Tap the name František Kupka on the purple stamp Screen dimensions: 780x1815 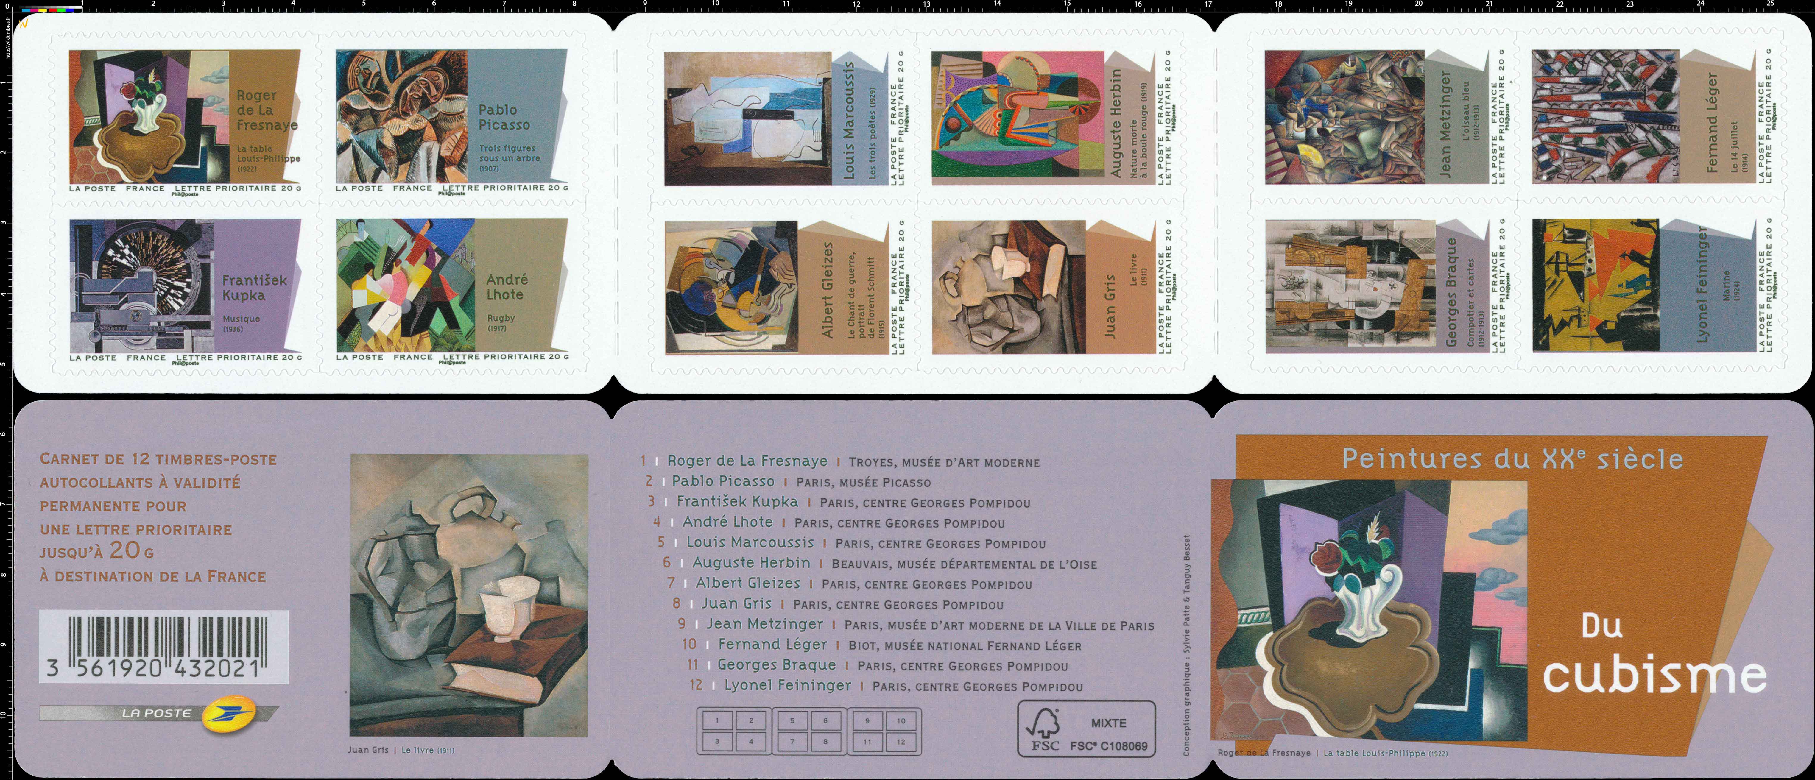[x=254, y=288]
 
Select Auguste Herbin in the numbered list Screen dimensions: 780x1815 [x=751, y=563]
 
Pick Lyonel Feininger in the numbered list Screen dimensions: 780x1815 [x=787, y=685]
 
